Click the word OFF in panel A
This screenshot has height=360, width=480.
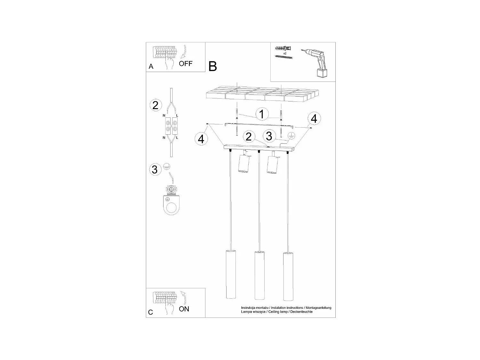[x=186, y=63]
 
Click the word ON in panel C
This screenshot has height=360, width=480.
[x=184, y=309]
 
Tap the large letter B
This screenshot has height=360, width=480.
[x=212, y=66]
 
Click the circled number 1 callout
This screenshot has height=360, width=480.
[x=261, y=114]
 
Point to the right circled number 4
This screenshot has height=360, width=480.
[x=314, y=118]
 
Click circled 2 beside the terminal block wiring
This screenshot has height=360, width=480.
[x=155, y=105]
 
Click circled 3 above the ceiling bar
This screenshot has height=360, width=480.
[x=269, y=136]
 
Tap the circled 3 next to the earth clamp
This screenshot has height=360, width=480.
[x=155, y=169]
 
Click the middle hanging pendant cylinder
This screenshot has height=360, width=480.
[x=259, y=275]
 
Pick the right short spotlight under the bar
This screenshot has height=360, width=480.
[x=272, y=164]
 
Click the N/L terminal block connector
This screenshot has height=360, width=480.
[x=171, y=126]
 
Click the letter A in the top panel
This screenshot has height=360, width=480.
[x=151, y=67]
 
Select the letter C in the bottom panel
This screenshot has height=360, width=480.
[x=151, y=312]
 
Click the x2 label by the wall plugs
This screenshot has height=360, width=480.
[x=284, y=53]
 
